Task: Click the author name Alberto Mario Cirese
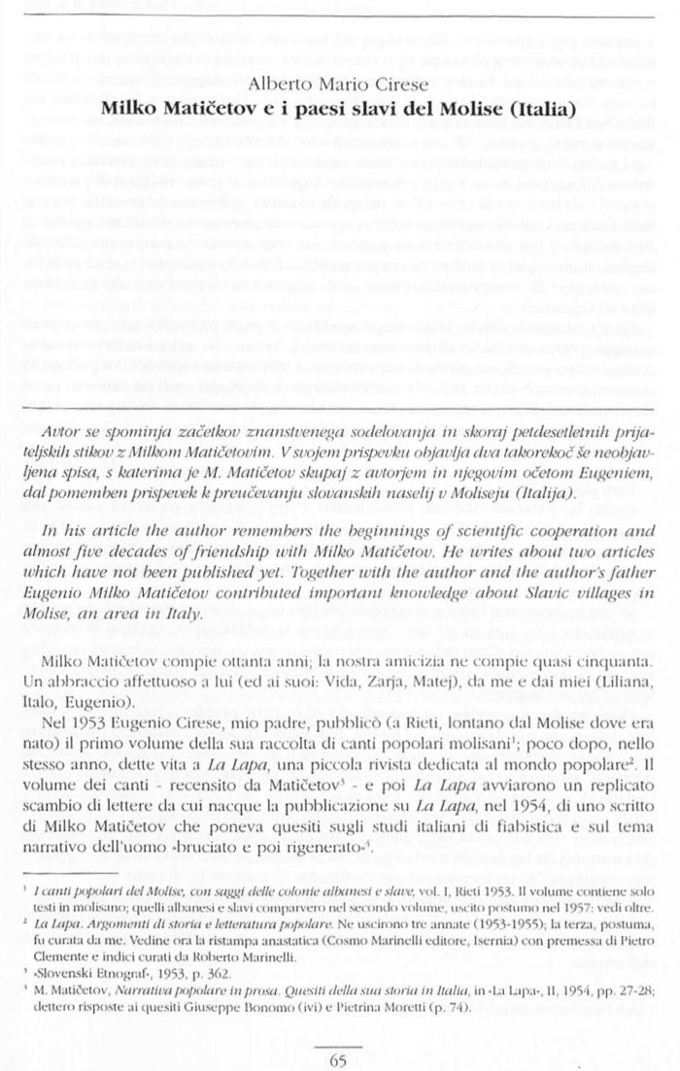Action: pyautogui.click(x=339, y=83)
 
